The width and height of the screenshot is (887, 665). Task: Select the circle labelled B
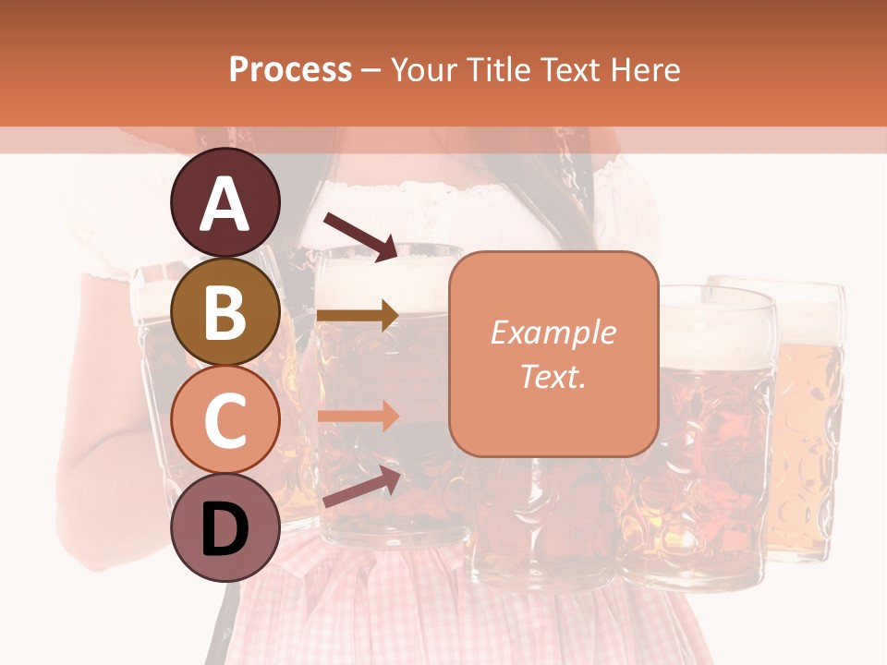(225, 312)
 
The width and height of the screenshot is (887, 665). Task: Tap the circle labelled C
(225, 420)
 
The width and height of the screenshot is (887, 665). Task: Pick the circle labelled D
(225, 528)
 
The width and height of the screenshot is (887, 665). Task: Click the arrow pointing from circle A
(360, 236)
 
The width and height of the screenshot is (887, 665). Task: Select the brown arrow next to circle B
(358, 316)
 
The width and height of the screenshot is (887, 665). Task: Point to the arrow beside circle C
(358, 416)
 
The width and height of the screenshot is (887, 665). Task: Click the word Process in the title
(290, 69)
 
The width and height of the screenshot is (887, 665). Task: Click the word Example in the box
(553, 332)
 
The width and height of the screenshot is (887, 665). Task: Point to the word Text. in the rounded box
(553, 376)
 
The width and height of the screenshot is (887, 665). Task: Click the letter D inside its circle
(225, 531)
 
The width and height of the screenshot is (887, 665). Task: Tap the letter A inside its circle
(225, 205)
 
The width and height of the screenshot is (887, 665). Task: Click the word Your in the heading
(426, 69)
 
